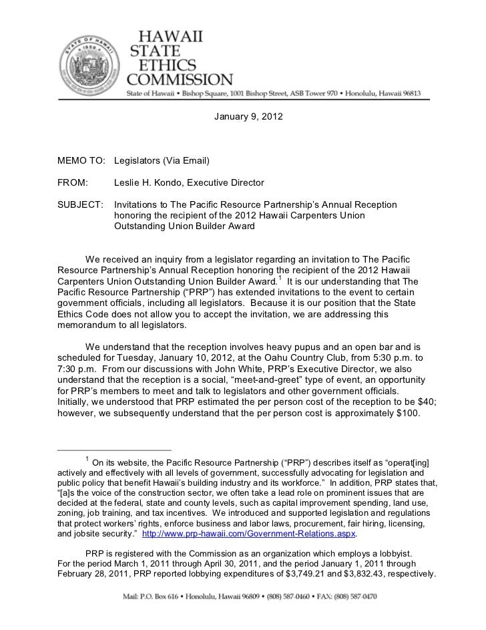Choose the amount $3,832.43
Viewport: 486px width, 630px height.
coord(359,575)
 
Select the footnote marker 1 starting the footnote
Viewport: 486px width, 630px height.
coord(86,458)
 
